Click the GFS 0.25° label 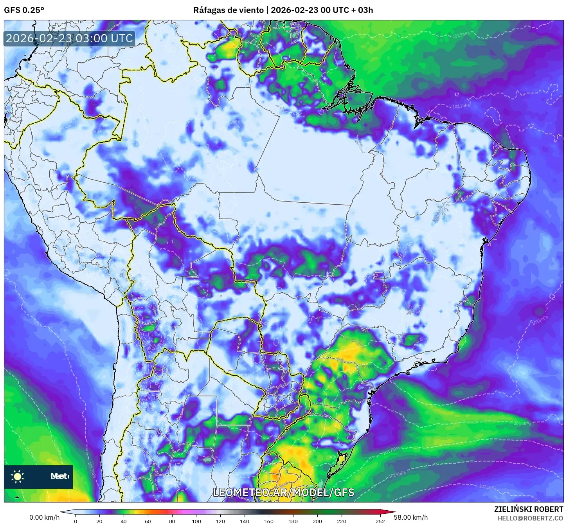pyautogui.click(x=24, y=10)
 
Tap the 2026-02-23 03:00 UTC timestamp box pyautogui.click(x=69, y=38)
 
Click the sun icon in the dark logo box pyautogui.click(x=18, y=476)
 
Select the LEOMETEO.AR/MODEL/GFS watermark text pyautogui.click(x=283, y=492)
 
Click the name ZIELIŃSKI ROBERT pyautogui.click(x=528, y=509)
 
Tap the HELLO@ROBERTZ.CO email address pyautogui.click(x=530, y=518)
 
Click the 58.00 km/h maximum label pyautogui.click(x=410, y=517)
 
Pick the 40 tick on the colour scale pyautogui.click(x=124, y=521)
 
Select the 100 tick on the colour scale pyautogui.click(x=196, y=521)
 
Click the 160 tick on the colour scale pyautogui.click(x=269, y=521)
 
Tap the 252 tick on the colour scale pyautogui.click(x=380, y=521)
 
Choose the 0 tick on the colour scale pyautogui.click(x=76, y=521)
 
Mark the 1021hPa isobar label pyautogui.click(x=488, y=487)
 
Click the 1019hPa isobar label pyautogui.click(x=397, y=475)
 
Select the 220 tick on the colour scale pyautogui.click(x=342, y=521)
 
